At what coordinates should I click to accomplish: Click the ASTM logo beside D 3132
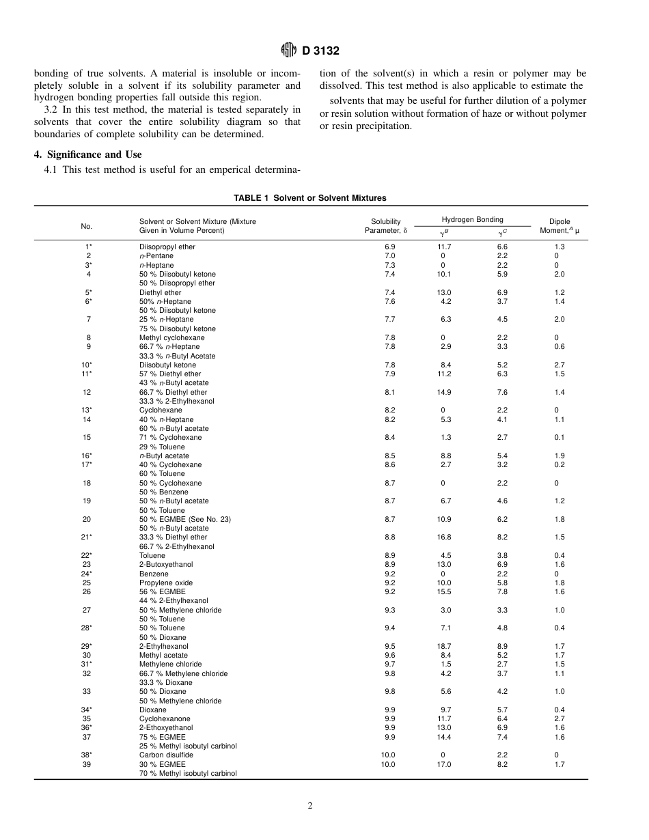click(288, 50)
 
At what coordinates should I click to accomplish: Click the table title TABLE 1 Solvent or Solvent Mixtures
click(310, 198)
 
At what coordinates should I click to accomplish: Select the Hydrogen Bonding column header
click(472, 219)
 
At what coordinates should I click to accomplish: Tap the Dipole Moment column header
click(560, 226)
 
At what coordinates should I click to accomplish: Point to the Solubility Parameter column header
click(386, 226)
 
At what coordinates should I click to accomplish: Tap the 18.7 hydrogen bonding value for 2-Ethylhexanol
click(443, 646)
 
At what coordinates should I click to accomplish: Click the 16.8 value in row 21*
click(443, 537)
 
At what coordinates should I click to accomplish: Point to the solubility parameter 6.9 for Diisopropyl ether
click(389, 247)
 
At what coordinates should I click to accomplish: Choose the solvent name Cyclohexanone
click(165, 718)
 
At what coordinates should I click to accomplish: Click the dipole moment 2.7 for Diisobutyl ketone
click(559, 365)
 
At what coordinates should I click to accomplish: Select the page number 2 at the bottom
click(310, 806)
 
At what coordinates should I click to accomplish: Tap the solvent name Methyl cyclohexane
click(170, 337)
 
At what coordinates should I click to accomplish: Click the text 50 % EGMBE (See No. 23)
click(185, 519)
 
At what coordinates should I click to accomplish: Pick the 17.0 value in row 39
click(443, 764)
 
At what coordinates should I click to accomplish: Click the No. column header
click(87, 226)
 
